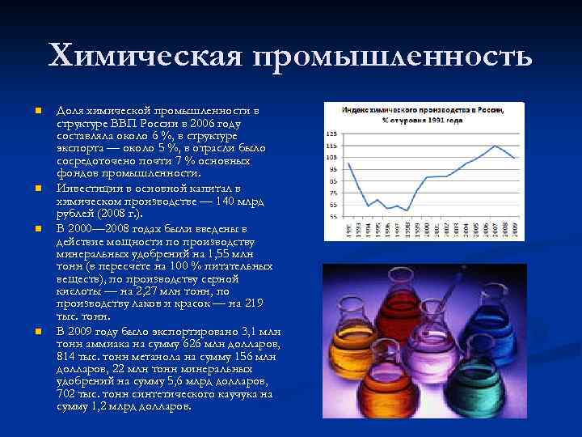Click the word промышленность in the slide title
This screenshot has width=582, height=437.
(393, 57)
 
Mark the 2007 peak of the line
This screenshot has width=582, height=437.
(495, 146)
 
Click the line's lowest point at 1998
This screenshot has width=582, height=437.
(407, 210)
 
